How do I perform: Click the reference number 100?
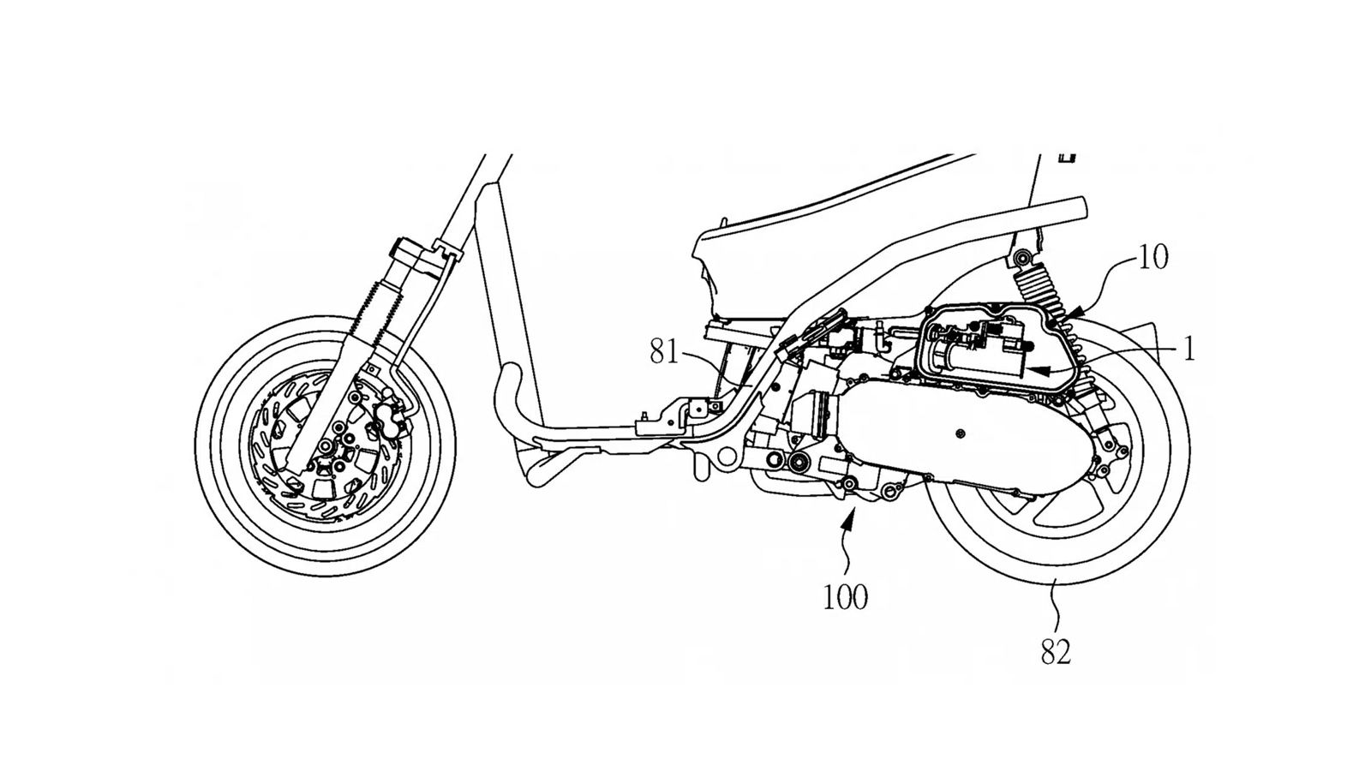point(845,597)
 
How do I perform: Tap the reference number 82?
point(1056,654)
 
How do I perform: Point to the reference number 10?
point(1153,258)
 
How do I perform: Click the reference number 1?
point(1188,349)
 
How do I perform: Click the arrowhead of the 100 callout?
point(851,512)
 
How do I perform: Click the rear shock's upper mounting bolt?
point(1019,258)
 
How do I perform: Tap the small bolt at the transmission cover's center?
point(961,435)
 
